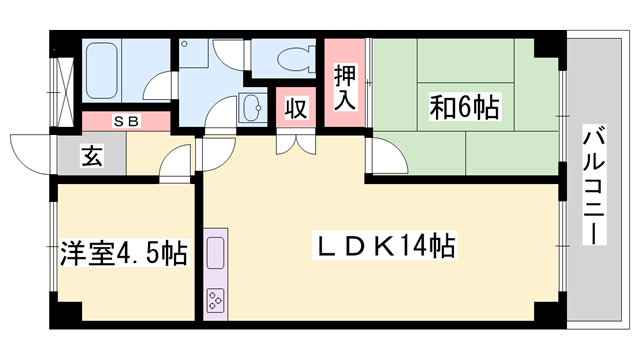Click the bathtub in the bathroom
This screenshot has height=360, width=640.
[105, 69]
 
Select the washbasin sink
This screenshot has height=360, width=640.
[251, 108]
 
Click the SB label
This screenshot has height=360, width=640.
[126, 121]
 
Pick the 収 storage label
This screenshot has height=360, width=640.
[296, 108]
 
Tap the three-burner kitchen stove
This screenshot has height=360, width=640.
[217, 298]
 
